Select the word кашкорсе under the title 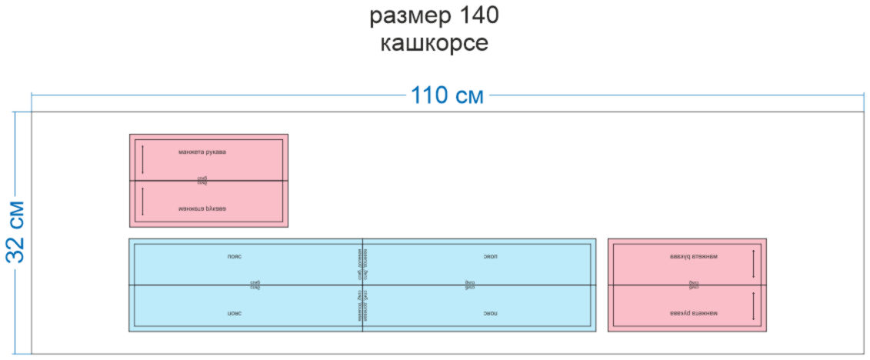tap(434, 42)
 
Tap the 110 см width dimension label tap(447, 95)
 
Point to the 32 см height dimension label tap(15, 232)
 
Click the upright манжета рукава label tap(202, 152)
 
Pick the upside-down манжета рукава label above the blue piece tap(202, 208)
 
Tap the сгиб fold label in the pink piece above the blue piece tap(202, 180)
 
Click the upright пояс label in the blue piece tap(235, 255)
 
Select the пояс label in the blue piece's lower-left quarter tap(235, 314)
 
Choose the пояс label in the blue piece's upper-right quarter tap(490, 255)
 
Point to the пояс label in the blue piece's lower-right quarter tap(490, 314)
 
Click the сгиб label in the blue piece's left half tap(255, 285)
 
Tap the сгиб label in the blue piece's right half tap(470, 285)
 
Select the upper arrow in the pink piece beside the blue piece tap(753, 263)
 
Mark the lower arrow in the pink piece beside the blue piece tap(753, 306)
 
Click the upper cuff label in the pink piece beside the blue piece tap(693, 256)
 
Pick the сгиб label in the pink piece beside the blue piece tap(693, 285)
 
